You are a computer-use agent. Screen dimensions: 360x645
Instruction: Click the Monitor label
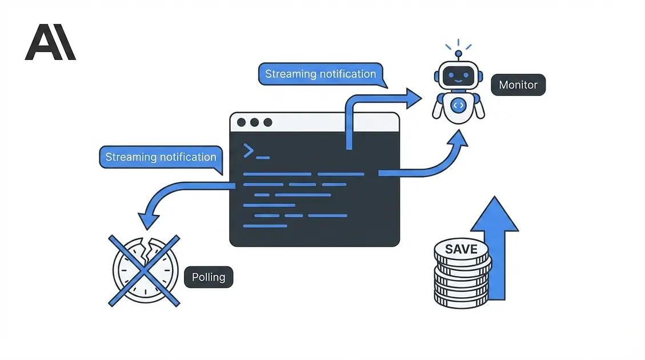tap(518, 85)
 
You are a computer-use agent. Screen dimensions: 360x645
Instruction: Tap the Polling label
tap(209, 278)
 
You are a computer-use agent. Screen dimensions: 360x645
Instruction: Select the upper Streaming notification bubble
tap(321, 74)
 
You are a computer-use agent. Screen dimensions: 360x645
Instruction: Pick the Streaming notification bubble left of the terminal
tap(161, 157)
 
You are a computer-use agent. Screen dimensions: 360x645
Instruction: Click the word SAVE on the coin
tap(461, 250)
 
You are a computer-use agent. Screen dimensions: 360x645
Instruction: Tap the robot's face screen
tap(458, 75)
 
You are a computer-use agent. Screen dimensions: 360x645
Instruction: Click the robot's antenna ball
tap(458, 54)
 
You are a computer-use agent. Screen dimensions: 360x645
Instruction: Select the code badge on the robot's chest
tap(458, 105)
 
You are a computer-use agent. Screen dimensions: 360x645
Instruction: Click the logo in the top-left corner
tap(50, 42)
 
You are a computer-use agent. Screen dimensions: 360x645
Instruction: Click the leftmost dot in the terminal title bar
tap(241, 122)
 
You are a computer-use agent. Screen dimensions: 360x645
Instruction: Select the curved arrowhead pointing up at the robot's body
tap(458, 139)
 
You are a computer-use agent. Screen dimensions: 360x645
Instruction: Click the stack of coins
tap(462, 274)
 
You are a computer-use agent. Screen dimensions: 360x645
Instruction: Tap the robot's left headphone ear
tap(438, 75)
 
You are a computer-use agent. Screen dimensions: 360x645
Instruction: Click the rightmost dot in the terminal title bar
tap(267, 122)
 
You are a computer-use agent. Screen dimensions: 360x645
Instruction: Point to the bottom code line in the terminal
tap(265, 226)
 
